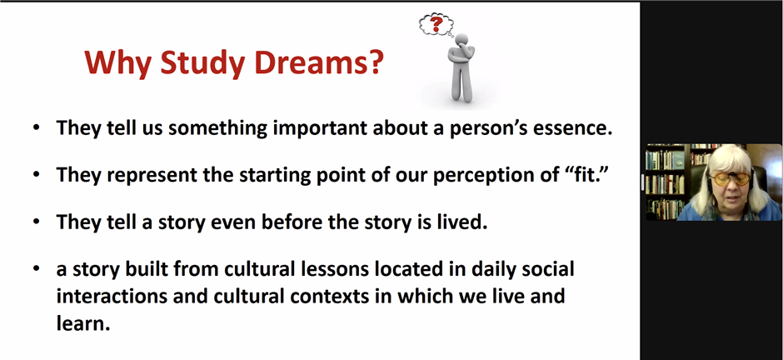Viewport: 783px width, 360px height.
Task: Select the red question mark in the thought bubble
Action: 437,23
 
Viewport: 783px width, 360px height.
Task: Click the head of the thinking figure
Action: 462,41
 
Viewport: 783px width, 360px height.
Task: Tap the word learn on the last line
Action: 82,323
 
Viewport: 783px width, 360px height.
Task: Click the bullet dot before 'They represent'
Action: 36,174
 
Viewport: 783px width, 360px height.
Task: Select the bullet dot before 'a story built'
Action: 36,268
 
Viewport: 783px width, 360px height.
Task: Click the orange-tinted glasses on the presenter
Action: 731,179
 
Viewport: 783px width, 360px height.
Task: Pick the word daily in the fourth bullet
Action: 492,270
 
